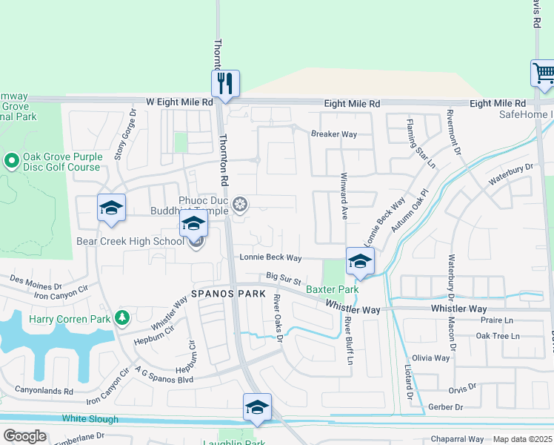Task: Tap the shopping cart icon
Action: pyautogui.click(x=544, y=73)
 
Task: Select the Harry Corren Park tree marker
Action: pyautogui.click(x=123, y=319)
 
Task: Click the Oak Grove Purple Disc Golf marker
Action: pyautogui.click(x=12, y=160)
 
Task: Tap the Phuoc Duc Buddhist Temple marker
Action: pyautogui.click(x=239, y=204)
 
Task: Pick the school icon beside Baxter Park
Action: pyautogui.click(x=360, y=261)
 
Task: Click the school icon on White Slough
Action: pyautogui.click(x=257, y=407)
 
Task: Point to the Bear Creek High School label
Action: pyautogui.click(x=130, y=241)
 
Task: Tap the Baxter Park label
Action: pyautogui.click(x=333, y=289)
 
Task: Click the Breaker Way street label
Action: pyautogui.click(x=334, y=134)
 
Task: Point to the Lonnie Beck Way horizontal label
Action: pyautogui.click(x=270, y=257)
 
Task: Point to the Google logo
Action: pyautogui.click(x=24, y=436)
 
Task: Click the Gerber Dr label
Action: pyautogui.click(x=447, y=407)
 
